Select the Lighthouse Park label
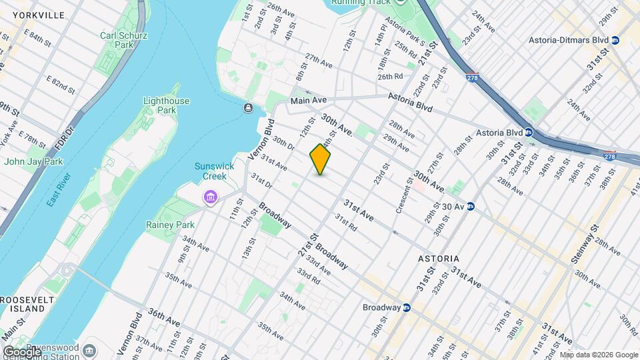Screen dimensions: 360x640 click(x=166, y=105)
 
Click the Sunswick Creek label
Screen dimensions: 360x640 click(x=211, y=171)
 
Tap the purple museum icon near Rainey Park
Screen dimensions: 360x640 click(x=211, y=197)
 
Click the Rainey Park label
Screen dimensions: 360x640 click(x=170, y=225)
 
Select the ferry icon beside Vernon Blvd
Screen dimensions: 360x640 click(x=248, y=108)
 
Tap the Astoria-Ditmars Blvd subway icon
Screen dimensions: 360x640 click(x=615, y=40)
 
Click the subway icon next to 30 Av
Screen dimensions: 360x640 click(x=470, y=207)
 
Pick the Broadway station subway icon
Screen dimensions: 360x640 click(x=406, y=308)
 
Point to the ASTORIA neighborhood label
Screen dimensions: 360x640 click(x=439, y=258)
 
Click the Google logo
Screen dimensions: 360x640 click(x=22, y=351)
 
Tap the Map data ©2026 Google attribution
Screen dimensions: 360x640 click(x=598, y=355)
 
